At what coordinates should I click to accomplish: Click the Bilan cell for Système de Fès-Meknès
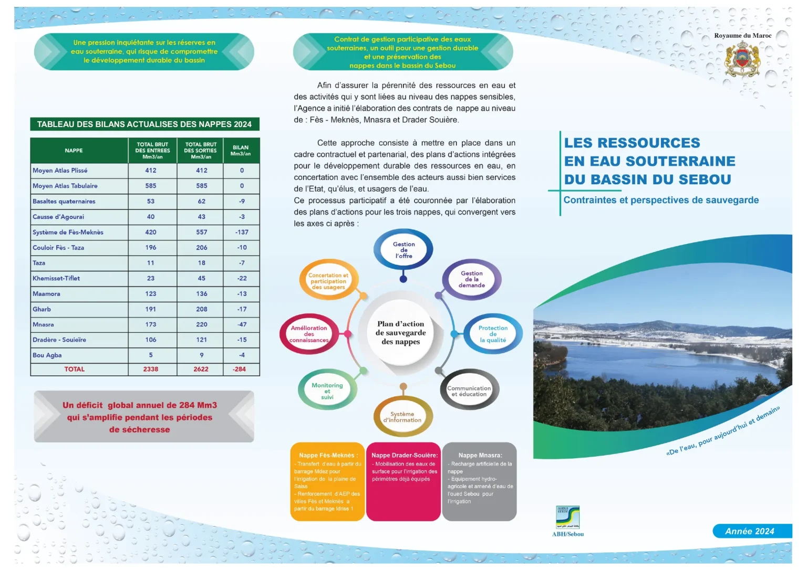point(242,232)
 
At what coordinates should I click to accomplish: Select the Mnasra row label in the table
point(43,324)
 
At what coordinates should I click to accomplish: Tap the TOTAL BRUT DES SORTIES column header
point(201,151)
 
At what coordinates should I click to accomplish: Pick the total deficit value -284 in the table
point(240,369)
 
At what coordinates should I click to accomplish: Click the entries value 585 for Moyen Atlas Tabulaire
point(151,186)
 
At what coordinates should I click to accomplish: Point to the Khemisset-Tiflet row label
point(56,278)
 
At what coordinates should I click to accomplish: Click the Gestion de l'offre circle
point(403,250)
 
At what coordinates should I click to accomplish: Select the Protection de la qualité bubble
point(493,334)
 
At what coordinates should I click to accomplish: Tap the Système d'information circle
point(402,417)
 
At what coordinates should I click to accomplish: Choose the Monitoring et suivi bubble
point(327,391)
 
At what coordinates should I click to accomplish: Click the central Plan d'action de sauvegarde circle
point(400,333)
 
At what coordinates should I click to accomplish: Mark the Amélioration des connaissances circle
point(309,334)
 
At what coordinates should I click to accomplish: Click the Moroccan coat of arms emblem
point(742,59)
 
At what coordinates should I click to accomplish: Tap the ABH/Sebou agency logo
point(567,517)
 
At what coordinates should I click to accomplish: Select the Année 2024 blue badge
point(750,531)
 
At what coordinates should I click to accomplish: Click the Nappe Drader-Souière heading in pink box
point(404,455)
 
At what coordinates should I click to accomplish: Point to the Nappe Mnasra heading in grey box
point(480,455)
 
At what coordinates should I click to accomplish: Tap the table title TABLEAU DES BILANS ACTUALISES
point(144,124)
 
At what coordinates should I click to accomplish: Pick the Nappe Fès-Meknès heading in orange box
point(328,455)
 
